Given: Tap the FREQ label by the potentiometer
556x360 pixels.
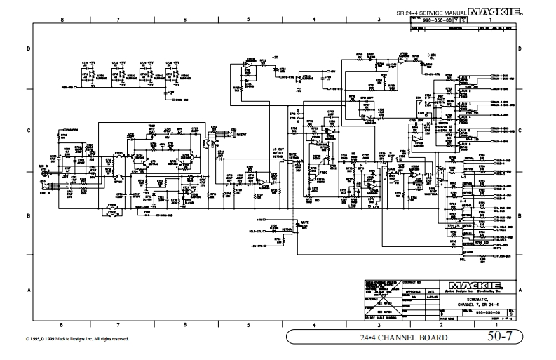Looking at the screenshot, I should pyautogui.click(x=324, y=172).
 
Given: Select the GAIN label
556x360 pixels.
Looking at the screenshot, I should pyautogui.click(x=391, y=169).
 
